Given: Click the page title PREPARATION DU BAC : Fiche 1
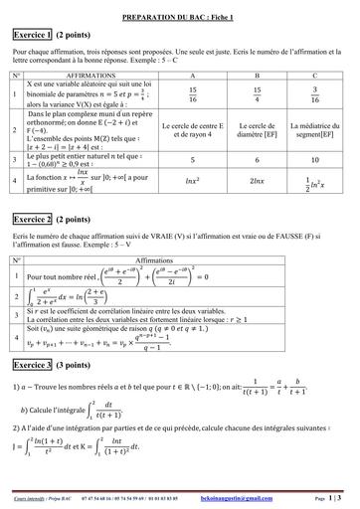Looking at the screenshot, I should pos(180,6).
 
